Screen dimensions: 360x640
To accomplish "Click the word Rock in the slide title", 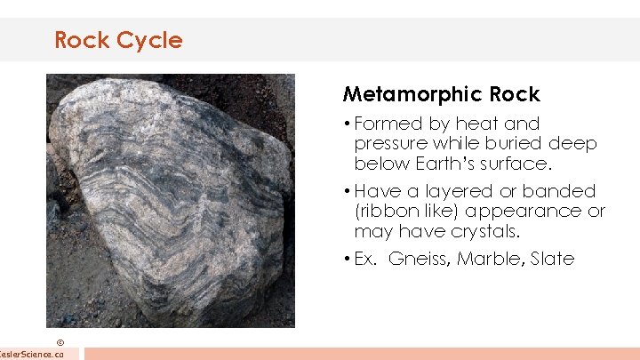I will click(x=76, y=40).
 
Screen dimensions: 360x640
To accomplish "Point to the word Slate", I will click(x=553, y=260).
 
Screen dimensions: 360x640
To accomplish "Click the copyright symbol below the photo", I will click(x=60, y=341).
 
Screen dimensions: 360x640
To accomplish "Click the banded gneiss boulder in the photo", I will click(x=169, y=196).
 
